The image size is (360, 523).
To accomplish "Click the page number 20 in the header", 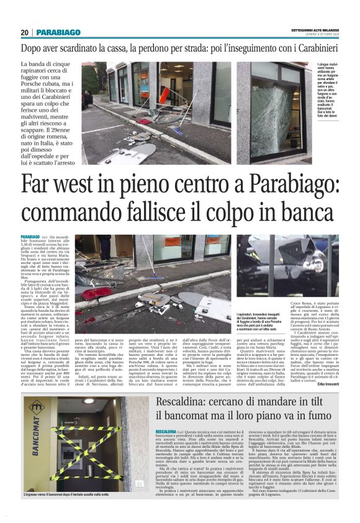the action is (25, 32).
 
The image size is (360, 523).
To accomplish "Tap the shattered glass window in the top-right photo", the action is (267, 118).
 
